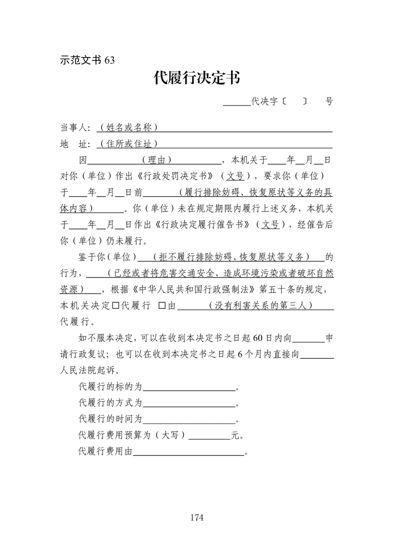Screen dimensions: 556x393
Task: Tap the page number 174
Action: (197, 518)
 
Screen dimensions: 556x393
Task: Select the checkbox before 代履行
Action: (115, 306)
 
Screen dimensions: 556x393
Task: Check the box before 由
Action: (161, 306)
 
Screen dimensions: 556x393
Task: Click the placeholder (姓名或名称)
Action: (128, 128)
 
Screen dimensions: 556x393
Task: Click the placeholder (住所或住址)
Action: (128, 144)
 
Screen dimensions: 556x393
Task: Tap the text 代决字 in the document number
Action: (264, 102)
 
